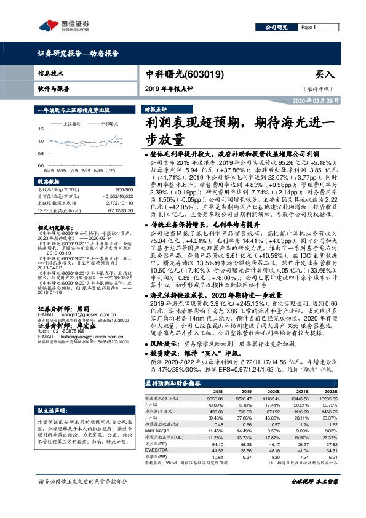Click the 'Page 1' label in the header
pos(308,28)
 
